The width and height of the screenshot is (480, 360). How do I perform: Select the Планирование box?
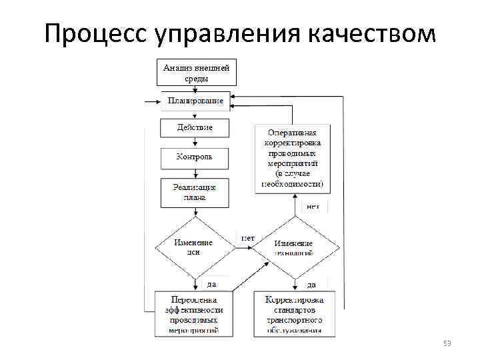[x=195, y=101]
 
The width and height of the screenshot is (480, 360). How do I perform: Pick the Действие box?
[x=195, y=128]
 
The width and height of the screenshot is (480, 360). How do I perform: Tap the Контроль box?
[x=195, y=157]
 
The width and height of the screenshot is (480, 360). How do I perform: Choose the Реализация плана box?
[x=195, y=193]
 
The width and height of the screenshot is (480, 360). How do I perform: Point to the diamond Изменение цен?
[x=194, y=247]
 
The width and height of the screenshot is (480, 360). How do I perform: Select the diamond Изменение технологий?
[x=294, y=247]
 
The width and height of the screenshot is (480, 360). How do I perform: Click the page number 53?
[x=447, y=343]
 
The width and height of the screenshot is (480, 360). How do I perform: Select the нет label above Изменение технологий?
[x=313, y=207]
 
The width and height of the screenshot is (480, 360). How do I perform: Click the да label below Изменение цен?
[x=211, y=283]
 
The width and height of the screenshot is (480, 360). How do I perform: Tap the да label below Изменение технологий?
[x=311, y=285]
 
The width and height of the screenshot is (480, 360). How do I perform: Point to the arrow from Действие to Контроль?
[x=195, y=143]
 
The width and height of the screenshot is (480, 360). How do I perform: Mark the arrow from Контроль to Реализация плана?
[x=195, y=173]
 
